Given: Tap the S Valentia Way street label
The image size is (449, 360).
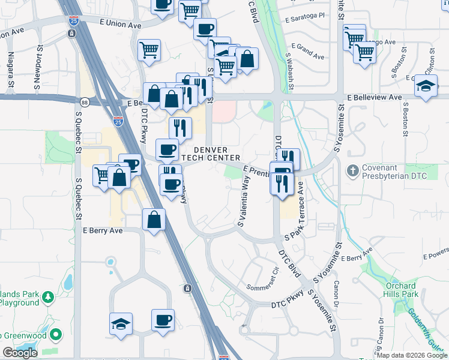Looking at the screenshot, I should pyautogui.click(x=243, y=205).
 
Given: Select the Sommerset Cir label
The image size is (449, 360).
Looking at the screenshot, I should pyautogui.click(x=264, y=275).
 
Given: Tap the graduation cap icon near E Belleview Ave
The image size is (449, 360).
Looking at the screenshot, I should pyautogui.click(x=426, y=86).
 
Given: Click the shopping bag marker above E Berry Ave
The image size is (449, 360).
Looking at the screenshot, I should pyautogui.click(x=154, y=220).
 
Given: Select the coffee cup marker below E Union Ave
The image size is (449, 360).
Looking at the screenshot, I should pyautogui.click(x=205, y=29).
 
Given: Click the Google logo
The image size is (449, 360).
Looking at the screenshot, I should pyautogui.click(x=20, y=353).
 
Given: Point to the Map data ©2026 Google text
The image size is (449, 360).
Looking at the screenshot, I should pyautogui.click(x=412, y=355).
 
